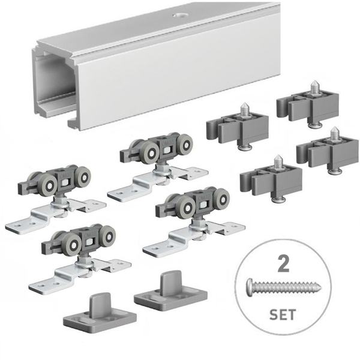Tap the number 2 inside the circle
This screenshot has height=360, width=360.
tap(283, 263)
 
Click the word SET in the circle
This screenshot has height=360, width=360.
tap(283, 314)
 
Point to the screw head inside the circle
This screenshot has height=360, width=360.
tap(250, 286)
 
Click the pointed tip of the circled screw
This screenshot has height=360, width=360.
tap(320, 286)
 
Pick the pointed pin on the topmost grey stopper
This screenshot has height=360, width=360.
tap(314, 86)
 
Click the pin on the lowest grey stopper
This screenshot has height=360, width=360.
tap(278, 161)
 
